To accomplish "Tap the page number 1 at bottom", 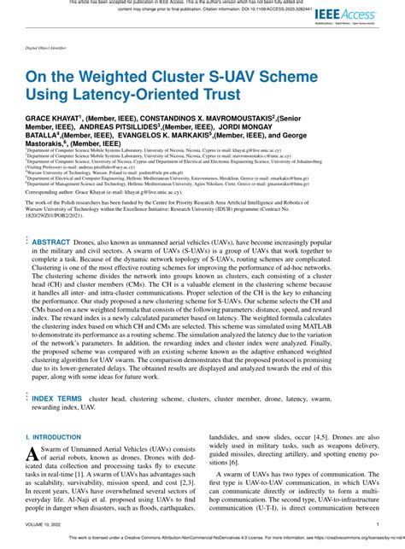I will point(378,524).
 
